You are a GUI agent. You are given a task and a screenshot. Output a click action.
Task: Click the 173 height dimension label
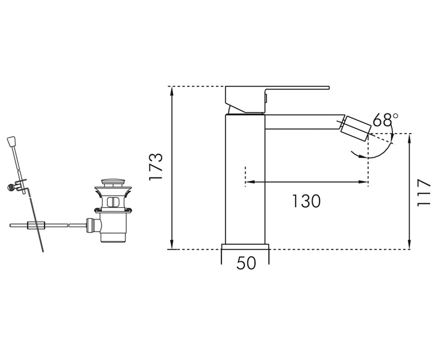pyautogui.click(x=156, y=167)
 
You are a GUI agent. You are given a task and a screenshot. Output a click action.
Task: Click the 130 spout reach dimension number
pyautogui.click(x=306, y=201)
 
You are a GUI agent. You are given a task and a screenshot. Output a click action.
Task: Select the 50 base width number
pyautogui.click(x=246, y=263)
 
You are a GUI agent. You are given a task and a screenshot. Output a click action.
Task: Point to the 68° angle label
pyautogui.click(x=386, y=120)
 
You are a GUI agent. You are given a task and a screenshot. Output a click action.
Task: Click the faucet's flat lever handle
pyautogui.click(x=277, y=99)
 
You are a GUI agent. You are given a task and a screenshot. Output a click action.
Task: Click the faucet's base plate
pyautogui.click(x=246, y=247)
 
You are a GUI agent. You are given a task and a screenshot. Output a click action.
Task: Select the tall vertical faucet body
pyautogui.click(x=245, y=179)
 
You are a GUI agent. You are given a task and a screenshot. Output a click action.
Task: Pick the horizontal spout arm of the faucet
pyautogui.click(x=304, y=122)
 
